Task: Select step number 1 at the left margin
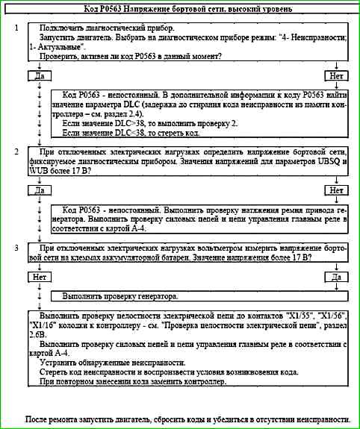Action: pos(16,27)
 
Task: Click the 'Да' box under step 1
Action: pos(34,76)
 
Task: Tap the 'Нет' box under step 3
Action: pos(34,277)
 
